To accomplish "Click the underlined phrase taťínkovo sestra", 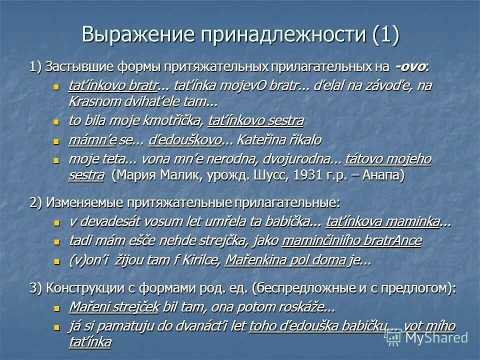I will (x=255, y=120).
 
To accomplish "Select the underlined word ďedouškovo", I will (x=185, y=140).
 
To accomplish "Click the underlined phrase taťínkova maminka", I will (x=382, y=221).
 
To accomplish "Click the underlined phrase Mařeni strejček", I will (x=113, y=307).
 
